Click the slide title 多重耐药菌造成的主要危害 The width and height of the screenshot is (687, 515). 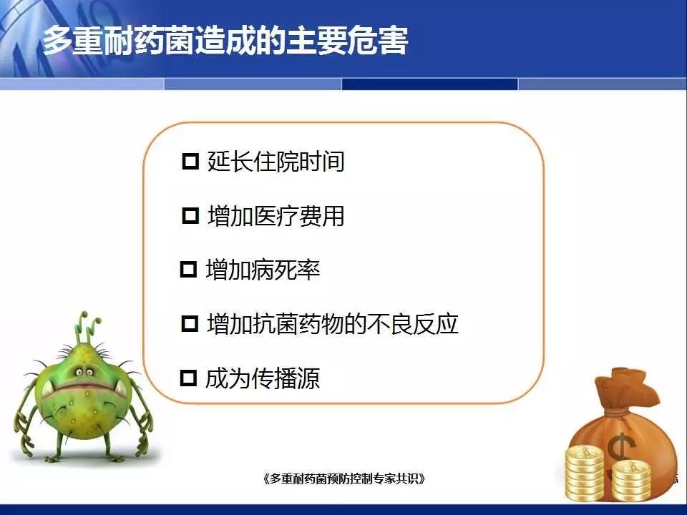point(225,41)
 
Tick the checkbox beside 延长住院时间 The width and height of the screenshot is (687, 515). point(190,161)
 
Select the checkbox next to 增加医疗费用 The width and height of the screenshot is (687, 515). point(190,215)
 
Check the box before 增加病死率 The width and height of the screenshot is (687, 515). point(188,270)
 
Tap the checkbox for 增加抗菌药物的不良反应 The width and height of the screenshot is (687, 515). point(190,323)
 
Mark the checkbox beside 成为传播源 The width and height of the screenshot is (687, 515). point(188,378)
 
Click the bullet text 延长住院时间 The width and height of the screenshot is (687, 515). point(276,161)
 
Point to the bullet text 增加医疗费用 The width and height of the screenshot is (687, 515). point(276,215)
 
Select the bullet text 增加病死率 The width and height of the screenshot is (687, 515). point(263,270)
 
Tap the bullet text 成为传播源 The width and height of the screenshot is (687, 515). point(263,378)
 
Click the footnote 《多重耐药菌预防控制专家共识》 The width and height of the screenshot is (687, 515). point(344,479)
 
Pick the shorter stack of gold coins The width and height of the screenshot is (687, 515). point(631,481)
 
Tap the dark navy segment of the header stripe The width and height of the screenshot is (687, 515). point(429,84)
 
